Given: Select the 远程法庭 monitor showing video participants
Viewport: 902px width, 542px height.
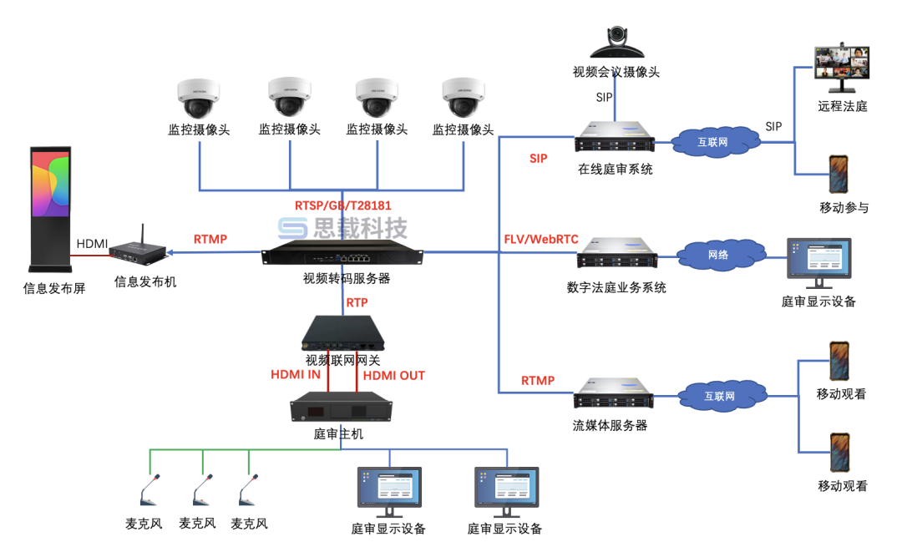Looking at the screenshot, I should (841, 67).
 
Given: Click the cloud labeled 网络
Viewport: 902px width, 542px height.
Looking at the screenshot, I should (717, 255).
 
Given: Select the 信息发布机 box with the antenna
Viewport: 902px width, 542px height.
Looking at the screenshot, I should (136, 249).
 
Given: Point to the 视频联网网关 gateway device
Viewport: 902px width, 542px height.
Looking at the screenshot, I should (343, 334).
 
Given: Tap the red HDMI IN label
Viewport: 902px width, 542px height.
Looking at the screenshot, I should (296, 375).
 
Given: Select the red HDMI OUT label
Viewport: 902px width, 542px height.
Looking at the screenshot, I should (393, 375).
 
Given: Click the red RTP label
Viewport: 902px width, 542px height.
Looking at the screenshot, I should (357, 302).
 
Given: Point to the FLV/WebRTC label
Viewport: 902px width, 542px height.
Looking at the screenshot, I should (541, 239).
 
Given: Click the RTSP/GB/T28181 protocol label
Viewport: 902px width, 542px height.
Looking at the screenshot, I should (342, 205).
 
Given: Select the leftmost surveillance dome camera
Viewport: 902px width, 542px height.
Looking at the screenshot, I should (199, 100).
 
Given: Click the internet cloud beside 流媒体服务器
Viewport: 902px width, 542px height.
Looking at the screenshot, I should (717, 396).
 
